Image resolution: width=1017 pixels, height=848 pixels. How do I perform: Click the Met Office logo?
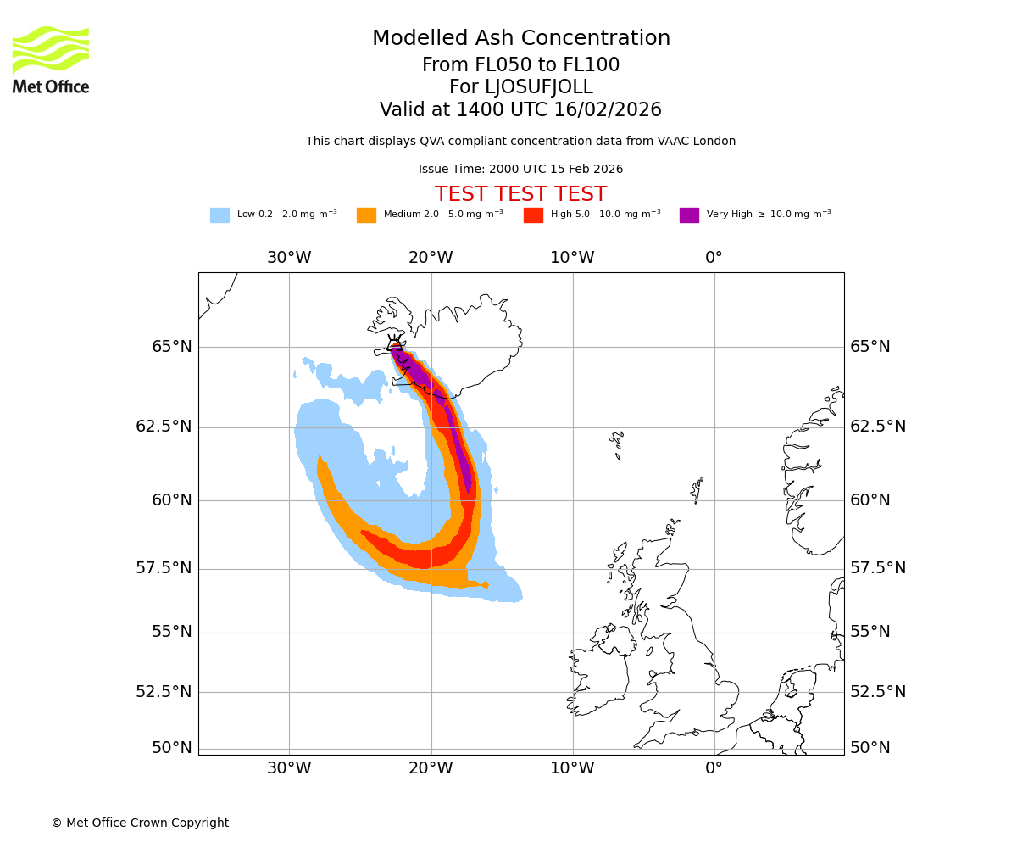pyautogui.click(x=51, y=59)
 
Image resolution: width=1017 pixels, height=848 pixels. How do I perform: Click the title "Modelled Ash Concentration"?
pyautogui.click(x=521, y=39)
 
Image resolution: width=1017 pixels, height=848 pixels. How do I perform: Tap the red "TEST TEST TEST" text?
pyautogui.click(x=520, y=195)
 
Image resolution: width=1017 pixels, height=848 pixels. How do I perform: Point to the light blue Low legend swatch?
pyautogui.click(x=220, y=215)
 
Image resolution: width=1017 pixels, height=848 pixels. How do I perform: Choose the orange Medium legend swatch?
pyautogui.click(x=366, y=215)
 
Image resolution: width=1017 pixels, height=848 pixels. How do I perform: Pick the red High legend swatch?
pyautogui.click(x=533, y=215)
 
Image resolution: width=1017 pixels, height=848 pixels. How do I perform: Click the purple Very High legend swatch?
pyautogui.click(x=689, y=215)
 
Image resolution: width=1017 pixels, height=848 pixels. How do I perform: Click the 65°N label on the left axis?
pyautogui.click(x=172, y=347)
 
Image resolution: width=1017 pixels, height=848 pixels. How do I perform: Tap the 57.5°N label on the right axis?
pyautogui.click(x=878, y=568)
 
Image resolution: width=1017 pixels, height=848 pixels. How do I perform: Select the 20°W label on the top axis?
pyautogui.click(x=431, y=258)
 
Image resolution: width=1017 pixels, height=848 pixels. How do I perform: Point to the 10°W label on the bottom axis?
pyautogui.click(x=572, y=768)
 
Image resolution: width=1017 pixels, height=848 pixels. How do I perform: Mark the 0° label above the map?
pyautogui.click(x=714, y=258)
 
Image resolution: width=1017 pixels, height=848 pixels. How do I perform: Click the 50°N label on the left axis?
pyautogui.click(x=172, y=748)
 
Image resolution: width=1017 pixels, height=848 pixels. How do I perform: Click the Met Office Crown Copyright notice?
pyautogui.click(x=140, y=823)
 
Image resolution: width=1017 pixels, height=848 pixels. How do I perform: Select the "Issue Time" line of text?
pyautogui.click(x=520, y=170)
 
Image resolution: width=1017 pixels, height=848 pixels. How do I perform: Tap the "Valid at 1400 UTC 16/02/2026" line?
pyautogui.click(x=520, y=110)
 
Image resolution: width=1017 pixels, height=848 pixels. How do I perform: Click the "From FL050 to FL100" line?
pyautogui.click(x=520, y=65)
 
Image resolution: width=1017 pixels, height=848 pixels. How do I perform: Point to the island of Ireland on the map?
pyautogui.click(x=600, y=670)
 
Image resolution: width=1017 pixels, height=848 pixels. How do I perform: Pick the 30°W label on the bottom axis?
pyautogui.click(x=289, y=768)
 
